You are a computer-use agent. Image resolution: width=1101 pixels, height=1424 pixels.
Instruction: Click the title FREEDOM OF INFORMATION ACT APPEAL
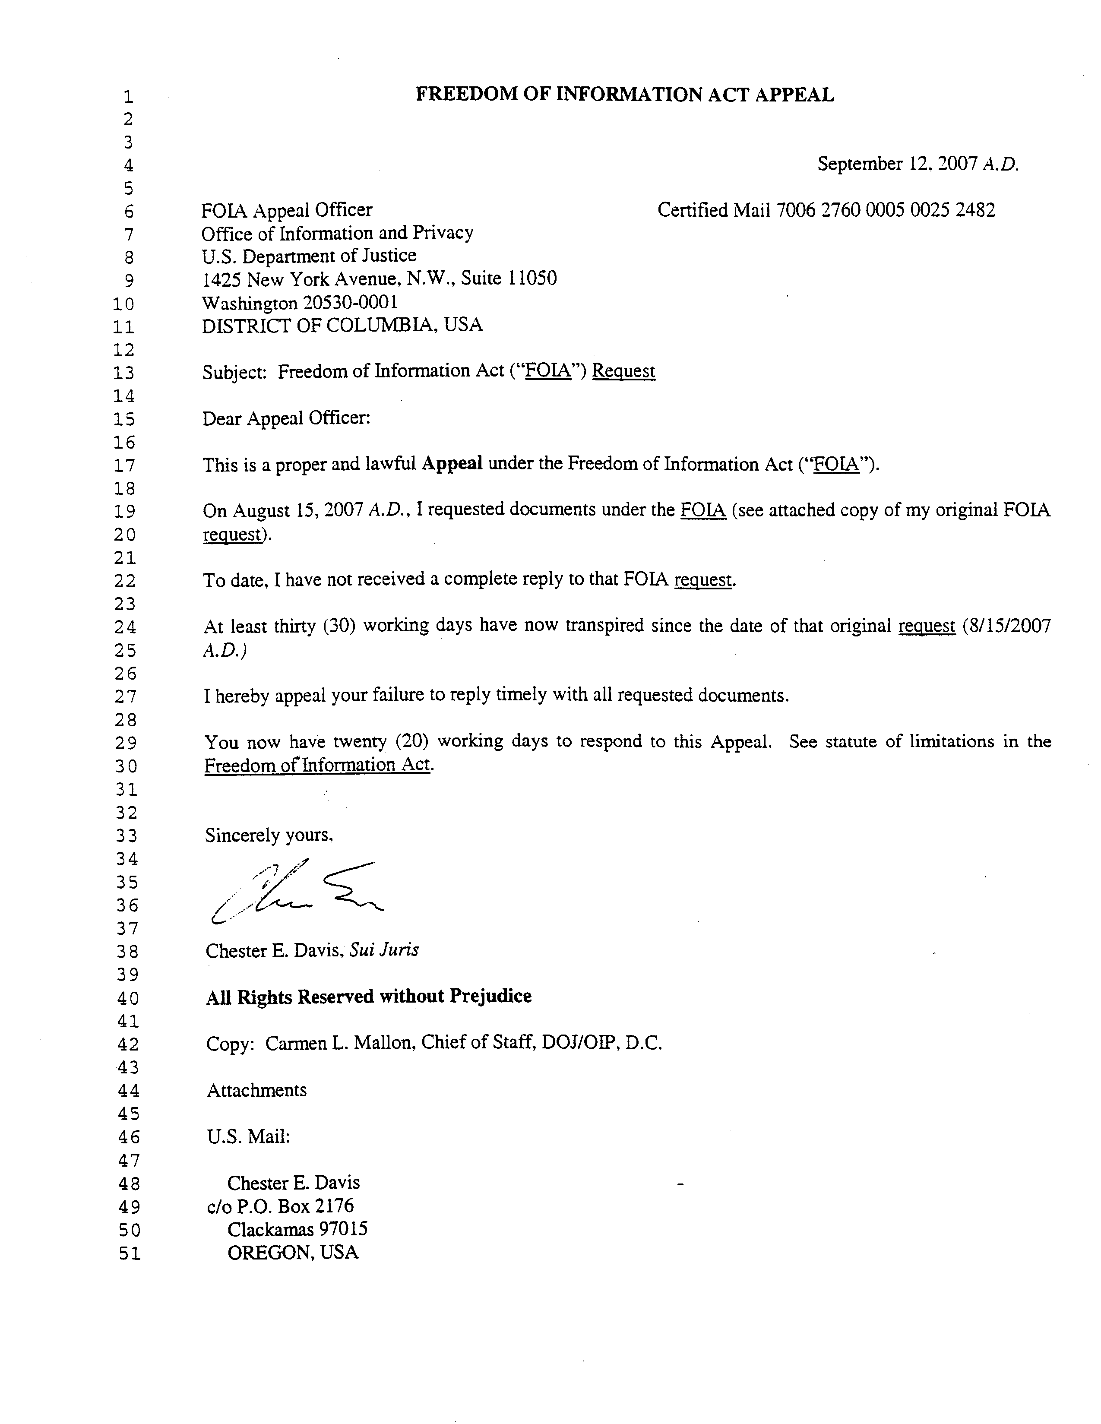pos(624,95)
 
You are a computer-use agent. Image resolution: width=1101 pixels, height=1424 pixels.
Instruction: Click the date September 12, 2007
pos(898,164)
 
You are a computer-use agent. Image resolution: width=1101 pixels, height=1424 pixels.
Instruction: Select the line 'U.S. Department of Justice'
pos(309,256)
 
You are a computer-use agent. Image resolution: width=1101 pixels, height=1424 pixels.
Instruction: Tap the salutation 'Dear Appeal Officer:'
pos(286,418)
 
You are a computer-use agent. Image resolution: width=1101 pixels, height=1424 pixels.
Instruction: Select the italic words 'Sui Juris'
pos(383,950)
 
